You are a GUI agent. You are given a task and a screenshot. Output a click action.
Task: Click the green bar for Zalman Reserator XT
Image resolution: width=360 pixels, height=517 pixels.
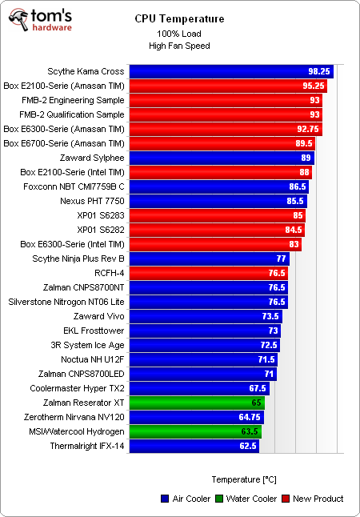tap(196, 403)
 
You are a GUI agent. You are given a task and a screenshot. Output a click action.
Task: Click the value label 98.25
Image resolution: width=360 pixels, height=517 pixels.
tap(318, 71)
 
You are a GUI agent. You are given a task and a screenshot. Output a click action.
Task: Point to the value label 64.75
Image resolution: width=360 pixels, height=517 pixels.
tap(249, 417)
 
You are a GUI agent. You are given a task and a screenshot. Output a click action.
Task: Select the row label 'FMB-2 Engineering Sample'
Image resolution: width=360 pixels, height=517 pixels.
tap(74, 100)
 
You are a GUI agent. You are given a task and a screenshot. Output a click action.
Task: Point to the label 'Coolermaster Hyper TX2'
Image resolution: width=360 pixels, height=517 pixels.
tap(75, 388)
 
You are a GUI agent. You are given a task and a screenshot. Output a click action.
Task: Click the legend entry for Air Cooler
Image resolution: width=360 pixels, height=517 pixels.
tap(185, 499)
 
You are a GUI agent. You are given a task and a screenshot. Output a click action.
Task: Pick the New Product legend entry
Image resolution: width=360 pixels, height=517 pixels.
tap(313, 499)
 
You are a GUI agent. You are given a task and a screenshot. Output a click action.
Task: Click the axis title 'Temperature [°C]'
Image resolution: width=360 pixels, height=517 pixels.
tap(244, 479)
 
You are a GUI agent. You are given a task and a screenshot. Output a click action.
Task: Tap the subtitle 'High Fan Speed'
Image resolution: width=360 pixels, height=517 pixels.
tap(179, 46)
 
